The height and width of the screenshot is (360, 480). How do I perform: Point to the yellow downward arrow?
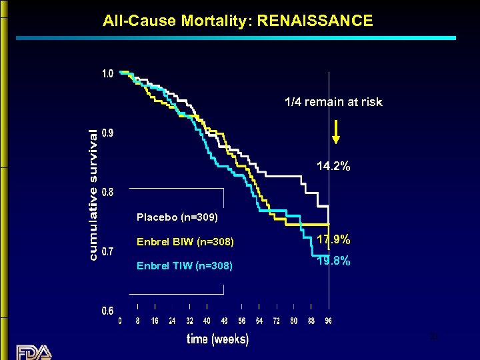[336, 131]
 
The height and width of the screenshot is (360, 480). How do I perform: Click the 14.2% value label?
[333, 166]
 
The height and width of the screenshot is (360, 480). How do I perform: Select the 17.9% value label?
[333, 239]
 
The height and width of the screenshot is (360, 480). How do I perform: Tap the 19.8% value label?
[333, 261]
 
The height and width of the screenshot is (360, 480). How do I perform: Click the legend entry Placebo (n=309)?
[177, 217]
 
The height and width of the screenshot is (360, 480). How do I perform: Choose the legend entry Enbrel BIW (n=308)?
[185, 241]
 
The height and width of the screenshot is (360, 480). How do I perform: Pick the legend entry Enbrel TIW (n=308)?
[185, 266]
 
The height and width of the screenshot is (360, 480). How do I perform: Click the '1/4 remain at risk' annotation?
[333, 102]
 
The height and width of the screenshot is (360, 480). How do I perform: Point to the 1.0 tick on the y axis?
[107, 73]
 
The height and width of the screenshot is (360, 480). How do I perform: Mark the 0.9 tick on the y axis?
[107, 133]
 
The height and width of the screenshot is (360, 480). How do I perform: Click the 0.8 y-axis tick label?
[107, 192]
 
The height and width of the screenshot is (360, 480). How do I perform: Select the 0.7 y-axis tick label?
[107, 251]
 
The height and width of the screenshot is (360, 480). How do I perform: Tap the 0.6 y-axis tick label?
[107, 311]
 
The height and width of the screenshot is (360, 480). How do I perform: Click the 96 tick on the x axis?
[328, 321]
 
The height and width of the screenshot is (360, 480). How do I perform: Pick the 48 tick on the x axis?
[224, 321]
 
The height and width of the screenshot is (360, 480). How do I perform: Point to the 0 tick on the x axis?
[120, 321]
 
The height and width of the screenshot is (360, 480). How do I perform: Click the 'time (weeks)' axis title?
[218, 339]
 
